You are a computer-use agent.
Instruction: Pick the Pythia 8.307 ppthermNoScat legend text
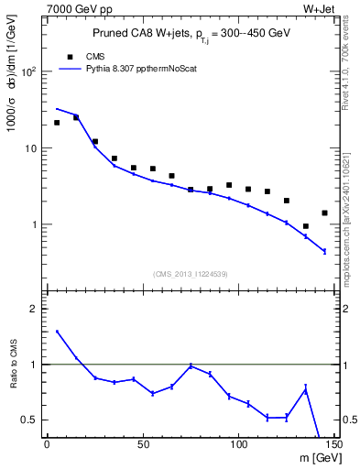(x=148, y=68)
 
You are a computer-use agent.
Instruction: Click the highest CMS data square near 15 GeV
(x=76, y=117)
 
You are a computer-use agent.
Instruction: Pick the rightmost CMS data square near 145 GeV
(x=324, y=213)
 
